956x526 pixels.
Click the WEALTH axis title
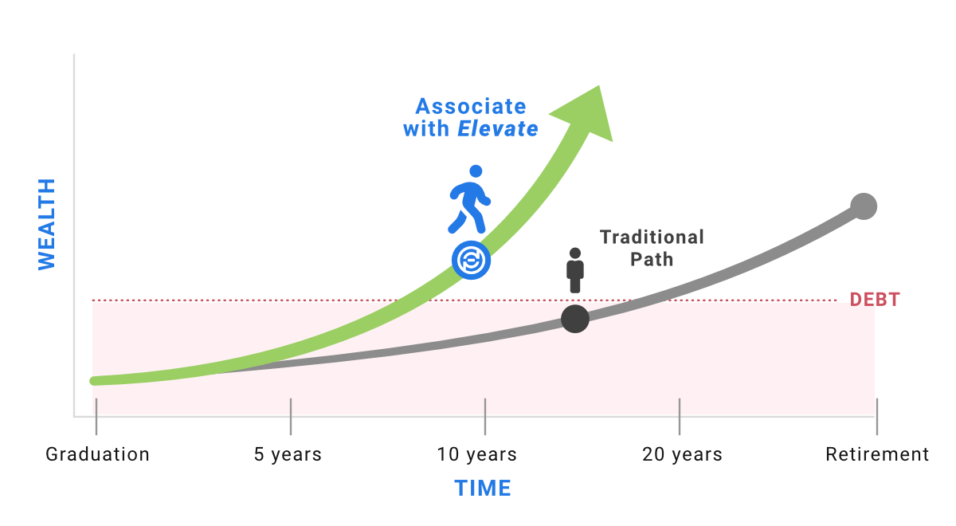(x=46, y=224)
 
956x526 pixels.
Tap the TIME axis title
(x=483, y=488)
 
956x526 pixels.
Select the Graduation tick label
(x=97, y=454)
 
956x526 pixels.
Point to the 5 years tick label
(x=288, y=454)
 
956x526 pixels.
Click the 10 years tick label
(x=476, y=454)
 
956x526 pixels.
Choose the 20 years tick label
(x=682, y=454)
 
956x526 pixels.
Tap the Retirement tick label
(x=877, y=454)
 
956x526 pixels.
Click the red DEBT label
(x=875, y=300)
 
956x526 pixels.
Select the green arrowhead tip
(x=599, y=86)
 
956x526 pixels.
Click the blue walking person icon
(x=469, y=199)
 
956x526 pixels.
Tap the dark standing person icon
(x=575, y=270)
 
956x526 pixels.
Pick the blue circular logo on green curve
(x=471, y=260)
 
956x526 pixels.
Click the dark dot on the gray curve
(x=575, y=319)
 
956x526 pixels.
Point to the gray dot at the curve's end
(x=864, y=206)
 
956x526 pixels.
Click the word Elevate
(x=498, y=128)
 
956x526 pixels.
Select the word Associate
(x=471, y=106)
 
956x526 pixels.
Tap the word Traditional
(x=652, y=237)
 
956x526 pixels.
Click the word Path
(x=652, y=260)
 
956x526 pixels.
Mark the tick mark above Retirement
(x=877, y=417)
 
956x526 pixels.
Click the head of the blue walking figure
(x=476, y=171)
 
